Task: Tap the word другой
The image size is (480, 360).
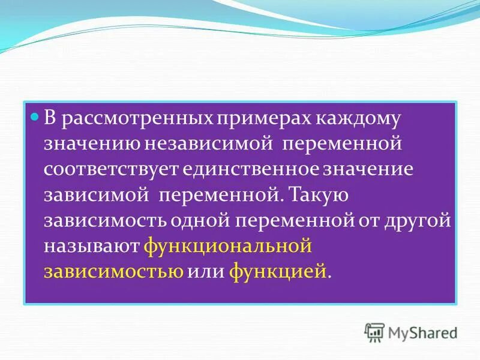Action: [421, 220]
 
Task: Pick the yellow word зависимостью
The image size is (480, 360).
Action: [113, 271]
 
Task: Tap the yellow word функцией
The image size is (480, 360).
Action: [278, 271]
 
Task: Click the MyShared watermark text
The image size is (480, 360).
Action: [422, 332]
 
